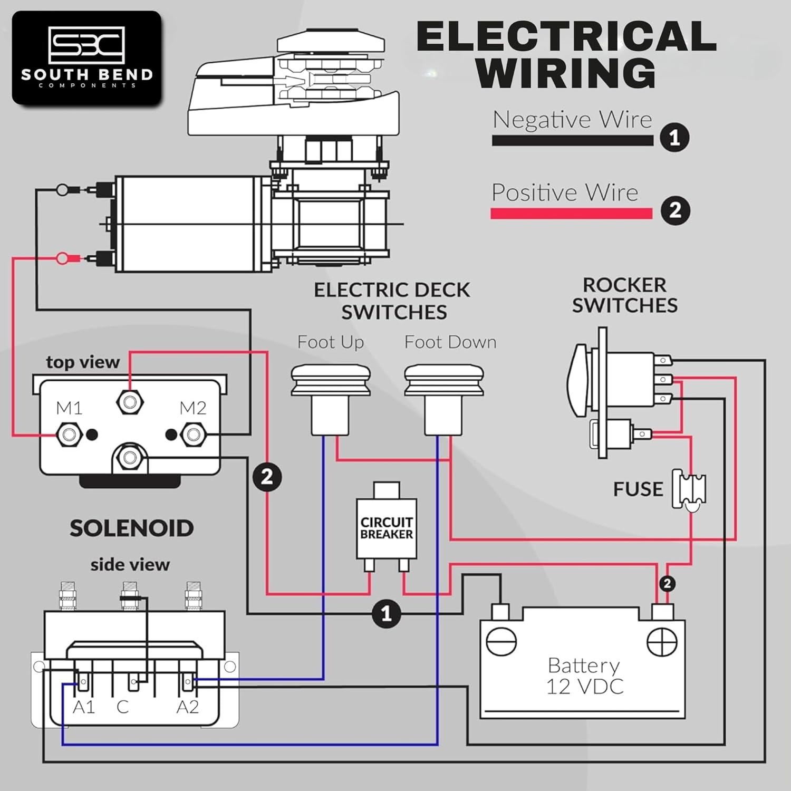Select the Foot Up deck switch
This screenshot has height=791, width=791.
point(331,398)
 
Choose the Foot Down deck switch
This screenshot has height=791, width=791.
point(444,398)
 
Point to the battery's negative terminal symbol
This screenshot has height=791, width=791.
point(501,642)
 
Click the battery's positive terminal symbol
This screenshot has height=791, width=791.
point(662,642)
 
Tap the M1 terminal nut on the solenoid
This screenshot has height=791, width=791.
point(69,435)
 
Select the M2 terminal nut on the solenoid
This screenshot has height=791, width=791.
point(193,435)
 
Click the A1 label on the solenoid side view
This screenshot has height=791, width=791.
point(84,707)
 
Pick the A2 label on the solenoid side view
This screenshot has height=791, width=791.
point(188,707)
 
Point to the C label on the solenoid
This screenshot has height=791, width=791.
point(122,707)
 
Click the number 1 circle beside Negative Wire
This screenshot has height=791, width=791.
point(674,138)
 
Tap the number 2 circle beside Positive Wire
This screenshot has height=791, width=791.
point(675,210)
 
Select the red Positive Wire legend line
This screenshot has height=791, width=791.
point(571,214)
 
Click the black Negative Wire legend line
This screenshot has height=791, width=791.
point(572,141)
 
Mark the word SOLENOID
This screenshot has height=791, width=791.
point(132,528)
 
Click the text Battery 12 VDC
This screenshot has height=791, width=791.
point(584,676)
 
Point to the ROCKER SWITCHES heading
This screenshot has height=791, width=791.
point(625,295)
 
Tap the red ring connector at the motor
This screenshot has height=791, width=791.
point(63,258)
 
